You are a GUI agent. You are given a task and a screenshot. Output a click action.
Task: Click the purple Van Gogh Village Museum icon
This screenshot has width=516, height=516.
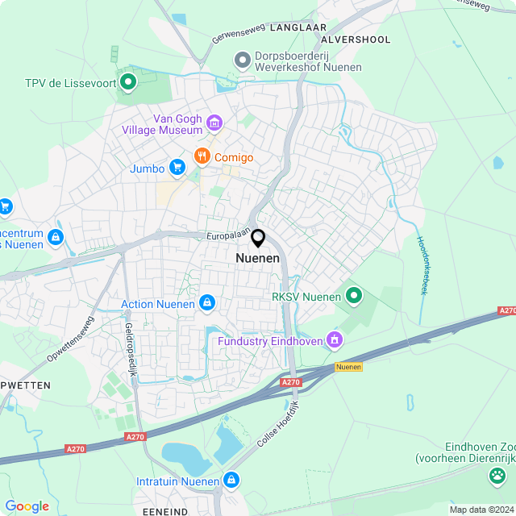click(214, 123)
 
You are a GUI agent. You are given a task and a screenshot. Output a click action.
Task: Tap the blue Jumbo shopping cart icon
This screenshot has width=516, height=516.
click(177, 168)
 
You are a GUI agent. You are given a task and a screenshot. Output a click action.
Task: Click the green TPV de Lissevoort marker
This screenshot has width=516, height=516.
click(127, 81)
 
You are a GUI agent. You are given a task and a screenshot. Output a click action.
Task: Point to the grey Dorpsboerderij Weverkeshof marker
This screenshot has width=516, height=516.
click(241, 60)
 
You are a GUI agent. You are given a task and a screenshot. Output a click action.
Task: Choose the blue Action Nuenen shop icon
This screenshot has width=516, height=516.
click(207, 303)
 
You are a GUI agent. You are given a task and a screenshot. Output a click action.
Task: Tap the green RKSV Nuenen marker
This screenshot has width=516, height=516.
click(353, 296)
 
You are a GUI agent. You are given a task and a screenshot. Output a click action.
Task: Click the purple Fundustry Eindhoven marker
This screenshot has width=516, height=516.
click(333, 341)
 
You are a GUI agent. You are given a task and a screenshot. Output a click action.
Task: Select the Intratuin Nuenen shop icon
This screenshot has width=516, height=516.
click(231, 481)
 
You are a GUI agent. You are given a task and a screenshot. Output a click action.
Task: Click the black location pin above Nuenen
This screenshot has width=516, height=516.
click(258, 239)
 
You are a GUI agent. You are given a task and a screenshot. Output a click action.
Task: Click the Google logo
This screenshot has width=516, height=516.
click(27, 506)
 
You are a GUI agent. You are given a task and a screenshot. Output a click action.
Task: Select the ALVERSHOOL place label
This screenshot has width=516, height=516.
click(356, 40)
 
